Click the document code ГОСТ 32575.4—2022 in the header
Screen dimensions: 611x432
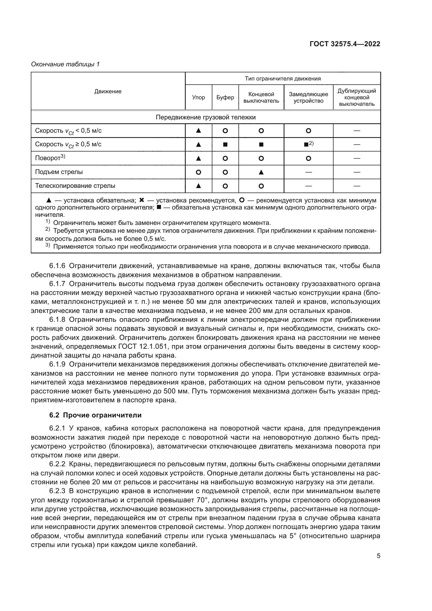(x=345, y=44)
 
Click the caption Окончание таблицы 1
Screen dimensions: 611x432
(x=65, y=64)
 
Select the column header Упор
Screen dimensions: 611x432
(x=199, y=97)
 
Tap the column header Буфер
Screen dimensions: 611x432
(x=225, y=97)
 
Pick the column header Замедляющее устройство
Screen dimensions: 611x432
(x=308, y=97)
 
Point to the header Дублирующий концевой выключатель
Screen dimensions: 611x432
(x=357, y=97)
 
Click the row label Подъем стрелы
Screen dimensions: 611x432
(x=59, y=172)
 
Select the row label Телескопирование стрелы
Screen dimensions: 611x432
(x=75, y=186)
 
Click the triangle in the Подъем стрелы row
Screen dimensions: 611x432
(x=261, y=172)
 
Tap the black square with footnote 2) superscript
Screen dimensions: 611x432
(x=306, y=144)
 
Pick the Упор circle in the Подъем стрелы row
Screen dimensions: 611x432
(x=199, y=172)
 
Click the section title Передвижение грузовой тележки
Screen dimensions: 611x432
(x=205, y=117)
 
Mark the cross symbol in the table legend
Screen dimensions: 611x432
(x=142, y=200)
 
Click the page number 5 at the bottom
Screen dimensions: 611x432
(x=378, y=556)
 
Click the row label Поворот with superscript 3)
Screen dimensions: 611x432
(x=50, y=158)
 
